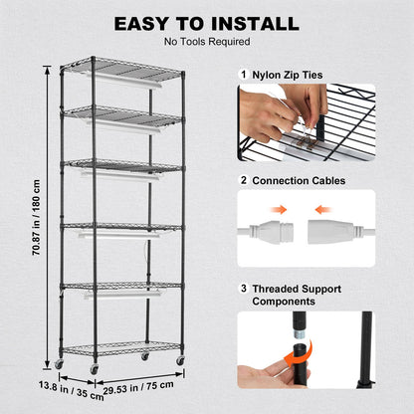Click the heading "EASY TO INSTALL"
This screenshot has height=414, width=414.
[206, 23]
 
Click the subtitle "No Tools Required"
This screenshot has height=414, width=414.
[206, 42]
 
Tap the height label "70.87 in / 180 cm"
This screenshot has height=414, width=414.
[36, 217]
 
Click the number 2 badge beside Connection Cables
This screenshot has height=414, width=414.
[244, 180]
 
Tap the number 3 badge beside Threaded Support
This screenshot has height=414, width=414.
[244, 288]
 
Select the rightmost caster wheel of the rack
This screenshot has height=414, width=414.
[181, 359]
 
